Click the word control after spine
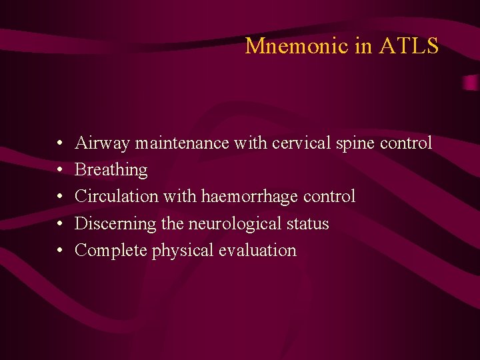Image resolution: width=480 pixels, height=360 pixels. [x=405, y=143]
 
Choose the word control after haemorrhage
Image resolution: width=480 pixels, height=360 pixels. [x=329, y=197]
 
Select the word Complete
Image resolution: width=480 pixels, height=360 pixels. [x=111, y=251]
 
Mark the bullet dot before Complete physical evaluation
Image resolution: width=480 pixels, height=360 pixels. [x=60, y=251]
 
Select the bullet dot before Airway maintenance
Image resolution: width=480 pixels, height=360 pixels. [x=60, y=143]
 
